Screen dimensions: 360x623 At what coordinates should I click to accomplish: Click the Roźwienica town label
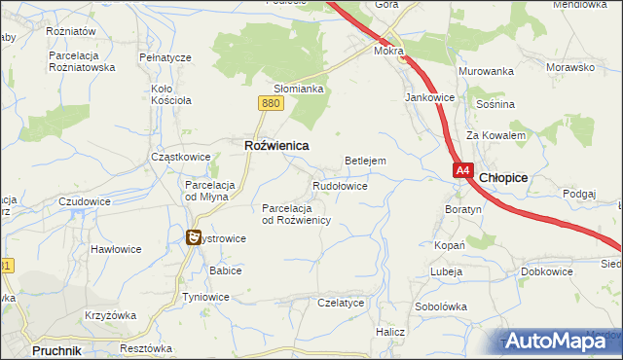pos(275,145)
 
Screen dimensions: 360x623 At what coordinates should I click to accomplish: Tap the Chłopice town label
pos(504,178)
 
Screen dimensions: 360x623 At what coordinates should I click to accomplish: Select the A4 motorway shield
pos(462,170)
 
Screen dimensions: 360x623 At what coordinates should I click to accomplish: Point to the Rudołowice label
pos(339,185)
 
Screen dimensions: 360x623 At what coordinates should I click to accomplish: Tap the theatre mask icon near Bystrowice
pos(194,236)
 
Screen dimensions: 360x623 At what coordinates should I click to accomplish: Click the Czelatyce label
pos(341,303)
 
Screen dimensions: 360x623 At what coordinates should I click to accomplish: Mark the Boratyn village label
pos(463,209)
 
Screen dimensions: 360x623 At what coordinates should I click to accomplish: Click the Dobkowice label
pos(546,271)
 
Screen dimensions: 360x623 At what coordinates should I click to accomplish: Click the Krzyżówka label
pos(109,318)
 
